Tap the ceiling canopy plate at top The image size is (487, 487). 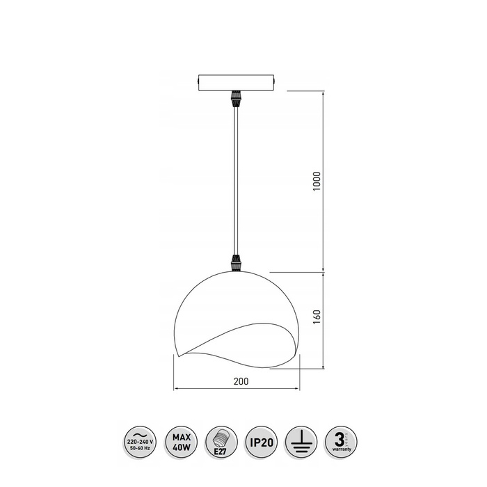237,82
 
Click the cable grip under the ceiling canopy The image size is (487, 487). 237,98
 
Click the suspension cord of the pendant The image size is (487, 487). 237,181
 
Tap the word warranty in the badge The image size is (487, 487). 341,449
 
